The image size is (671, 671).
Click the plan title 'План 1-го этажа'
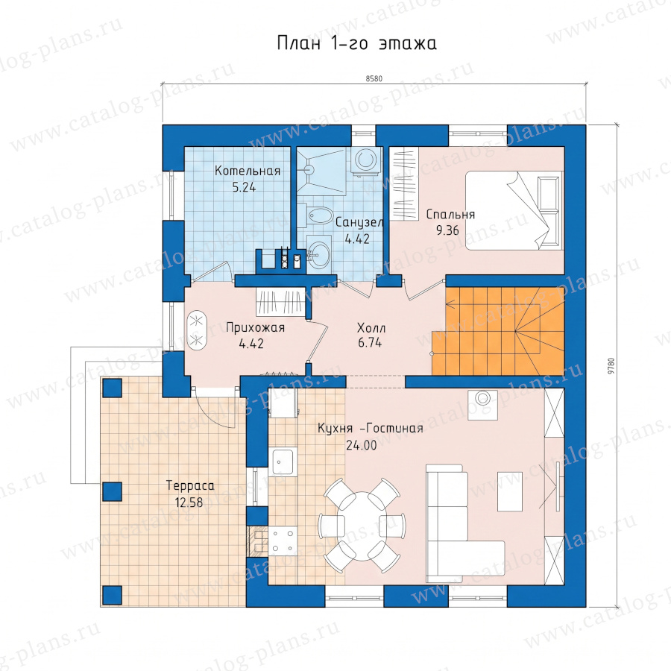pos(357,43)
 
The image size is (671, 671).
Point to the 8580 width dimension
pos(374,79)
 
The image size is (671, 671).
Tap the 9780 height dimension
pos(611,367)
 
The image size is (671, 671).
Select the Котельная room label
pos(248,171)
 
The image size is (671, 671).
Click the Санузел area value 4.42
pos(357,239)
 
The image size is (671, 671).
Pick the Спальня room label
pos(450,215)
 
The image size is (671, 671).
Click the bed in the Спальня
pos(513,210)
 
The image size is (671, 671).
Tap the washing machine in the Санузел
pos(365,161)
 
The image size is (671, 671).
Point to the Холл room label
pos(371,328)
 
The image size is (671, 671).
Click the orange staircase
pos(499,331)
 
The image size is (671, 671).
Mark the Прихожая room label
pos(255,328)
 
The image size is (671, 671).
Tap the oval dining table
pos(362,526)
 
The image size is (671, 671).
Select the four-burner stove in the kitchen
pos(283,540)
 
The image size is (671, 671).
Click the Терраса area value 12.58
pos(189,502)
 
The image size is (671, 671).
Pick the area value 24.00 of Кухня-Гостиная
pos(361,445)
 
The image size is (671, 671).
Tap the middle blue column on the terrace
pos(113,491)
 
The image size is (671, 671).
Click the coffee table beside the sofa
pos(510,491)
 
